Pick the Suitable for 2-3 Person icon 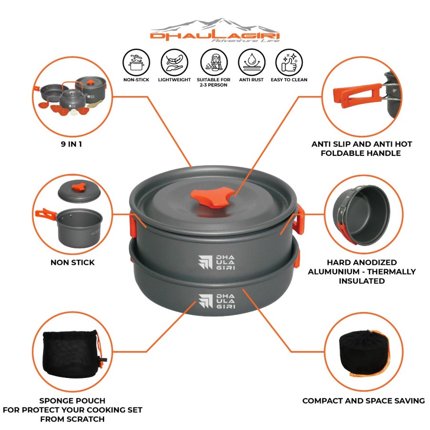(213, 62)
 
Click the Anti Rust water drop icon (251, 62)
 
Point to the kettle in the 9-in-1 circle (72, 97)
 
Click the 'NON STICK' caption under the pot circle (73, 262)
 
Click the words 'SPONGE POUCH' (73, 400)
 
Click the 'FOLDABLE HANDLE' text (361, 153)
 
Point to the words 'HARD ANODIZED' (362, 262)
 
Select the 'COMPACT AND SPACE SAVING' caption (363, 401)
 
